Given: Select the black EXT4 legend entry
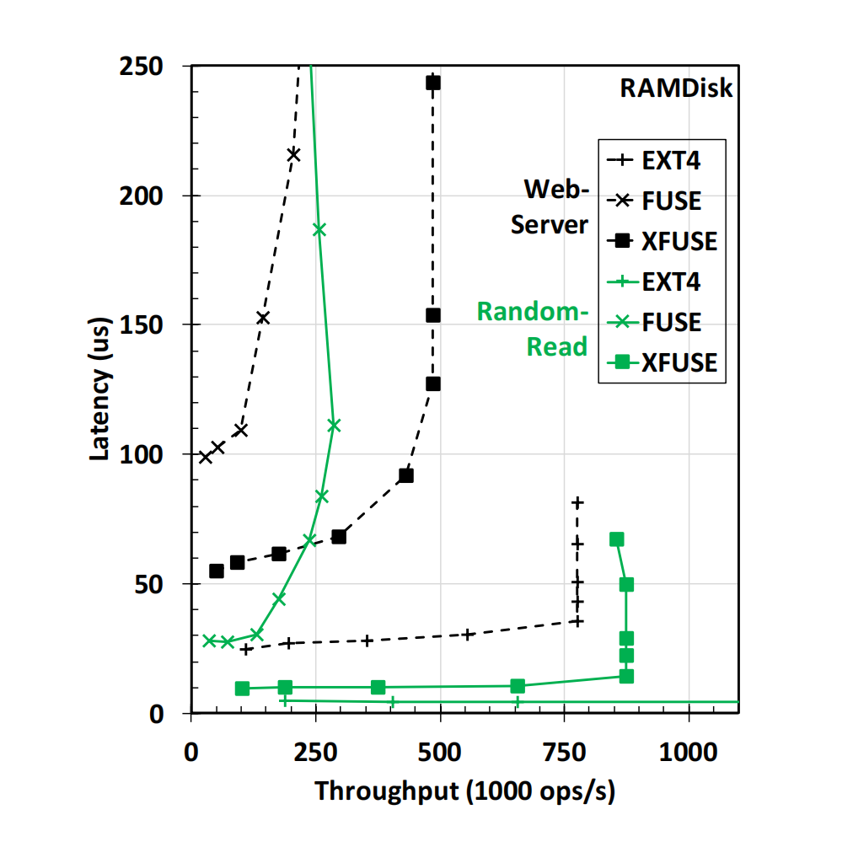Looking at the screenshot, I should (662, 161).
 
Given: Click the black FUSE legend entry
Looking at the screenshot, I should (662, 201).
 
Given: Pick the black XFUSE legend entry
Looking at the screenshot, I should (662, 242).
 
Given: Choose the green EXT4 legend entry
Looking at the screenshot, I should (662, 281).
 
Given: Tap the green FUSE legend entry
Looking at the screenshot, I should (662, 322).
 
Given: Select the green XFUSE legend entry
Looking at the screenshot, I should (662, 362).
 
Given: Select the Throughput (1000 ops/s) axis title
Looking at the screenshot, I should (464, 791).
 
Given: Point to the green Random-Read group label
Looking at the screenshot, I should (532, 329).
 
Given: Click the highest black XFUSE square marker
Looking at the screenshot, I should (433, 83).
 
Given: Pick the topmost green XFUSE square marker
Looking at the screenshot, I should (617, 539).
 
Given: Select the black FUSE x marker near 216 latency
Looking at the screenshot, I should (293, 154).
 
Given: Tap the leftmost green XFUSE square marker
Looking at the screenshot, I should (242, 689).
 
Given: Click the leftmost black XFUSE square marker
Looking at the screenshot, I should (217, 571).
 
